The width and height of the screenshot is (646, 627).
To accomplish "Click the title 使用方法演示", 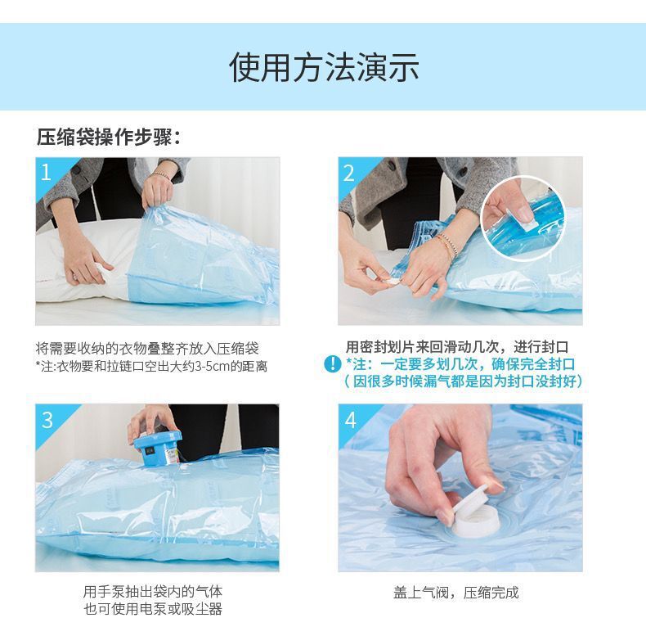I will pyautogui.click(x=323, y=67).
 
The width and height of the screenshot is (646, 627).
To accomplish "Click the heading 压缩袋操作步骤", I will pyautogui.click(x=108, y=137).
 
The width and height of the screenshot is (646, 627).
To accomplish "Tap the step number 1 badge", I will pyautogui.click(x=47, y=172).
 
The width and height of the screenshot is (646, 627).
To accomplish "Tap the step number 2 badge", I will pyautogui.click(x=349, y=172).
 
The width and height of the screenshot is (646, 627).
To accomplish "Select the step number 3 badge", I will pyautogui.click(x=47, y=419).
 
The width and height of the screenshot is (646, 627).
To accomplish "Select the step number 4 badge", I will pyautogui.click(x=350, y=419).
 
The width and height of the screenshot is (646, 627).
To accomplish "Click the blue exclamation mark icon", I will pyautogui.click(x=332, y=364).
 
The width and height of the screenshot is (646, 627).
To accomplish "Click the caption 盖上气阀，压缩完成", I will pyautogui.click(x=455, y=592).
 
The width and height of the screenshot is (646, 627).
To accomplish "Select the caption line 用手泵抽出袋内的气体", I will pyautogui.click(x=152, y=591).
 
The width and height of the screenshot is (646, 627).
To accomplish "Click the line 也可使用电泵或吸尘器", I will pyautogui.click(x=152, y=609).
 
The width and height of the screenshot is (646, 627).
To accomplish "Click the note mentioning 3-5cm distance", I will pyautogui.click(x=151, y=366).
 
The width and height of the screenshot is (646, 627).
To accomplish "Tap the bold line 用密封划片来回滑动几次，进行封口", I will pyautogui.click(x=456, y=346).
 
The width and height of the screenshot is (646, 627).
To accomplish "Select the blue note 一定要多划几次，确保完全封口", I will pyautogui.click(x=460, y=364).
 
